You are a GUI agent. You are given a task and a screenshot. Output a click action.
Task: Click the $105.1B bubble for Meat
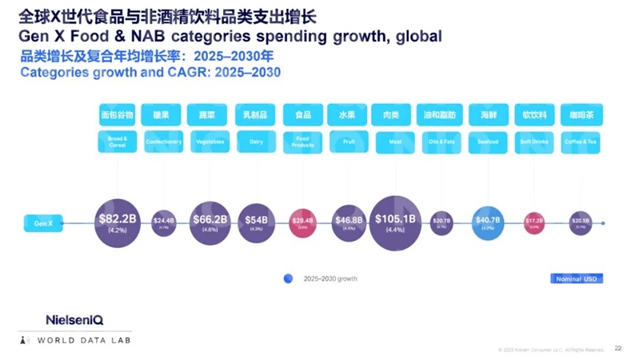[x=395, y=222]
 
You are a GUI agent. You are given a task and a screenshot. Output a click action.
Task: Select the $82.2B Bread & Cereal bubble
[x=117, y=222]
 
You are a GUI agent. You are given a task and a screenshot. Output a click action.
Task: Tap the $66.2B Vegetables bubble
[x=210, y=222]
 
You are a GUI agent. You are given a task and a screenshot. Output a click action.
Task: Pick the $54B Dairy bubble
[x=256, y=222]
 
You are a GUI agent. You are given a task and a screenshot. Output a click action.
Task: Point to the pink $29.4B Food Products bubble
[x=303, y=222]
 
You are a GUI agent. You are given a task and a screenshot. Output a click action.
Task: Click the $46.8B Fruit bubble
[x=348, y=222]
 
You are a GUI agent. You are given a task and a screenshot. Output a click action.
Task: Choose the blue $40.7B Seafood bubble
[x=488, y=222]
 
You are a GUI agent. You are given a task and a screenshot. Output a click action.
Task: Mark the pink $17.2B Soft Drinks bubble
[x=534, y=222]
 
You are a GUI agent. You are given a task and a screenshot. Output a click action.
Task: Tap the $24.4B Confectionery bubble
[x=163, y=222]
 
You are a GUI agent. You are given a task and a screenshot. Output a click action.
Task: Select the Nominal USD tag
[x=576, y=278]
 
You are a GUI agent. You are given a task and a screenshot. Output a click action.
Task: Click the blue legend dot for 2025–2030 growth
[x=288, y=278]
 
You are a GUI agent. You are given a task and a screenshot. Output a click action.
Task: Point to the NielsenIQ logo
[x=74, y=319]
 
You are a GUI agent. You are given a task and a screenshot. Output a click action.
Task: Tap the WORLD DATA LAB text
[x=84, y=341]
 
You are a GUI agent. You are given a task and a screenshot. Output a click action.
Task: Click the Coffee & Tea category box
[x=580, y=142]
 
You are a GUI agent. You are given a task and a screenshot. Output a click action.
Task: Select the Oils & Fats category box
[x=441, y=142]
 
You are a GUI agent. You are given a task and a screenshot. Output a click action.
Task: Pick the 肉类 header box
[x=395, y=114]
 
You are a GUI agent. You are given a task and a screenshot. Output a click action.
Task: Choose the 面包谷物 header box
[x=117, y=114]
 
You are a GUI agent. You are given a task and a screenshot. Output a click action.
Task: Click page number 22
[x=617, y=349]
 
